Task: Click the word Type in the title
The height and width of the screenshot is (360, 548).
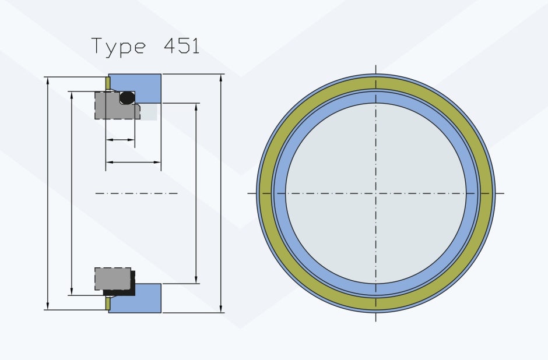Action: click(x=118, y=47)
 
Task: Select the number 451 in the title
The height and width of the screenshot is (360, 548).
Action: click(x=181, y=45)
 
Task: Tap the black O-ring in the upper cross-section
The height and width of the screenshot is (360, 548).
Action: click(x=127, y=98)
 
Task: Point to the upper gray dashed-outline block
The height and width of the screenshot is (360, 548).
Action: click(x=117, y=105)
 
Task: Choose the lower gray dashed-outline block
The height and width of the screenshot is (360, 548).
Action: click(x=113, y=278)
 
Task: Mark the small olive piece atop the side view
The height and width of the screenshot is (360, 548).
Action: click(x=108, y=83)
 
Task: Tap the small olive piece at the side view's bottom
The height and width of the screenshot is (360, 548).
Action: click(x=108, y=303)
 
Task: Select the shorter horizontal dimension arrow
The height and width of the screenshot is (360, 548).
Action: click(x=120, y=140)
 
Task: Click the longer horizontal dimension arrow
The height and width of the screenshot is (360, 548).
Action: click(x=133, y=163)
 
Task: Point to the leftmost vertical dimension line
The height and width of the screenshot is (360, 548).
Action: click(x=48, y=193)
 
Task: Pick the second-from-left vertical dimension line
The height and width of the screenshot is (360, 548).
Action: click(x=72, y=193)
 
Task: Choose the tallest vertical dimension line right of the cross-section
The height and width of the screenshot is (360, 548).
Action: click(x=221, y=193)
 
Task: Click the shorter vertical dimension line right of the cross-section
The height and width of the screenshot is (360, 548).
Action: click(x=196, y=193)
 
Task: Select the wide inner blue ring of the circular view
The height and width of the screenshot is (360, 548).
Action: click(x=375, y=97)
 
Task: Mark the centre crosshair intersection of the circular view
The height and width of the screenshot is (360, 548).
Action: click(x=375, y=193)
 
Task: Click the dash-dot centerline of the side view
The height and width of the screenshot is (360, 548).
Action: click(x=136, y=193)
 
